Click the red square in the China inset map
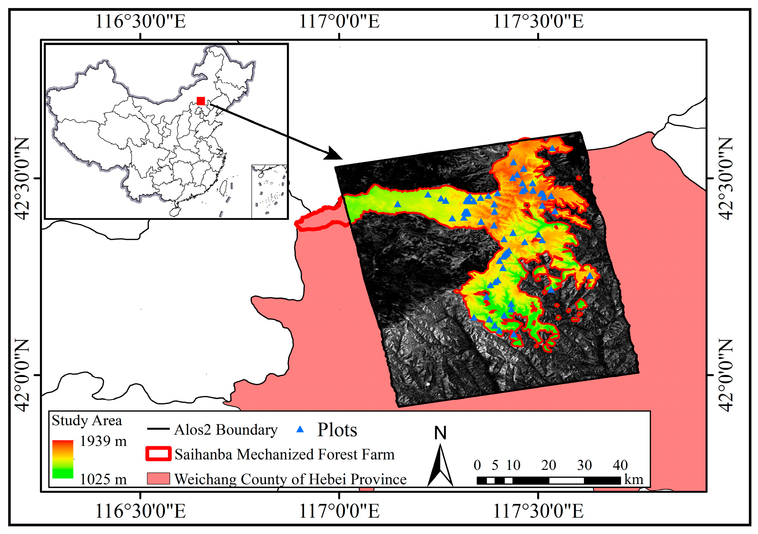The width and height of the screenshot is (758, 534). [200, 101]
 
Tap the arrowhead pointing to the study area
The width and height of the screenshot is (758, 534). [333, 154]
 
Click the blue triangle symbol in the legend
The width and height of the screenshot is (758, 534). [300, 429]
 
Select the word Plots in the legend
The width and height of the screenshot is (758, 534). [337, 430]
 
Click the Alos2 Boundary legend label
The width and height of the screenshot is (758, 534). [226, 430]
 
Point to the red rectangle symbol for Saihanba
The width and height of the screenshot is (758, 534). [159, 454]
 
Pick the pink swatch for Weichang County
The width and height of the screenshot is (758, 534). [159, 479]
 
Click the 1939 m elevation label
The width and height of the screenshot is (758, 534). [103, 441]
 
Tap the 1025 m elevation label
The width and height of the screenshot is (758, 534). [103, 479]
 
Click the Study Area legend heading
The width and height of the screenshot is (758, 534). [87, 421]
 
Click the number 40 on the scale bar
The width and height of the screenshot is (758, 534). [620, 465]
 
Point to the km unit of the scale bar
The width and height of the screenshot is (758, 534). [634, 480]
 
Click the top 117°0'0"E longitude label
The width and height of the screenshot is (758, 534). [339, 22]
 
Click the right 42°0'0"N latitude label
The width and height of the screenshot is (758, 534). [725, 375]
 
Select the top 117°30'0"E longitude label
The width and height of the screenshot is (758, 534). [538, 22]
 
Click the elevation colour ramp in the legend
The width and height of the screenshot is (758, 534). [63, 459]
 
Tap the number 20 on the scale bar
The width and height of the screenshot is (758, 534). [548, 465]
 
